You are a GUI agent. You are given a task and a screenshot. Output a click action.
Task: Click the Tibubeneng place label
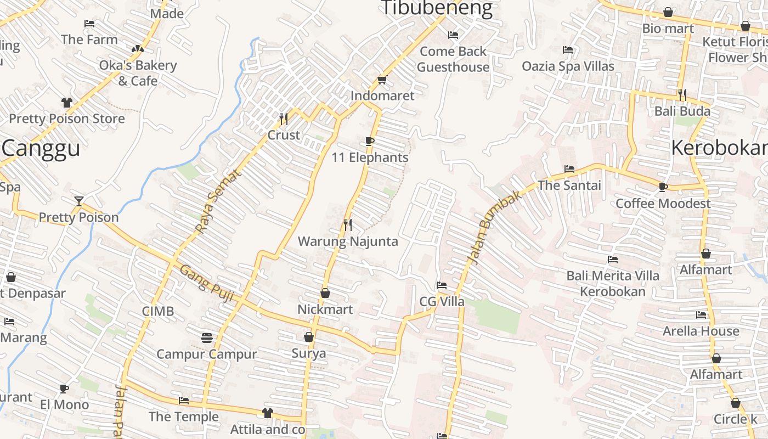437,8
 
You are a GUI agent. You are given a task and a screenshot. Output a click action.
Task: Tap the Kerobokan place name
719,148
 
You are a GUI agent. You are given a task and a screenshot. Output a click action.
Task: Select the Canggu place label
41,148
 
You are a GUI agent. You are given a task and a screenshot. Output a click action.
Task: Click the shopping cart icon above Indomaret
382,80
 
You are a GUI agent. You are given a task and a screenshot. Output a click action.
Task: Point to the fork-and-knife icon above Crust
284,119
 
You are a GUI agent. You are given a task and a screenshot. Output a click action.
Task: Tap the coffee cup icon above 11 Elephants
370,141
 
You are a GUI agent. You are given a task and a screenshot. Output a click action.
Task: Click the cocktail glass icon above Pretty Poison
79,201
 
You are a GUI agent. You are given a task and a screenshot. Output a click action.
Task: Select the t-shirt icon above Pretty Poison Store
67,103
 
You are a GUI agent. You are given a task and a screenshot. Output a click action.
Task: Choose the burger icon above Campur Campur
207,337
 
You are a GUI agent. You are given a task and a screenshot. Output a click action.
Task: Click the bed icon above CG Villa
441,285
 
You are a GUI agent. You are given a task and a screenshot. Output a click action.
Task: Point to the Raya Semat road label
218,201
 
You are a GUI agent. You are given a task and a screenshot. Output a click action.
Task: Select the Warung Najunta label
348,241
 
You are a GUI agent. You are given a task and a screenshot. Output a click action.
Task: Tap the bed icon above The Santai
569,169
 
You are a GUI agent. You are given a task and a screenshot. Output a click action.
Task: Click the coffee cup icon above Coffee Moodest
663,187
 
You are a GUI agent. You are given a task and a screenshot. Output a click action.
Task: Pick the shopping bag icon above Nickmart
325,294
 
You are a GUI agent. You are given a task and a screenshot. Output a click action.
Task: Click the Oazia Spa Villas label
568,66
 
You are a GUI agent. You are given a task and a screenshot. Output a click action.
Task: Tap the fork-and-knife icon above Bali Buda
682,95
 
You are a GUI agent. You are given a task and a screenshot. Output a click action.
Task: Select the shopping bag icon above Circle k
736,403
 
